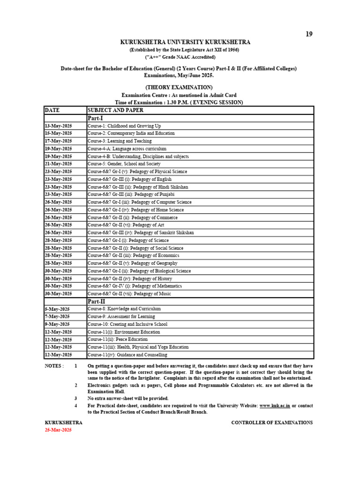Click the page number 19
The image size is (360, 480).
pos(309,34)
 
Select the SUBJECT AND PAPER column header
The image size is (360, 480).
pos(115,110)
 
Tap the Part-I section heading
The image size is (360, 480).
pos(95,118)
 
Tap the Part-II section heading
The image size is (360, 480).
pos(97,301)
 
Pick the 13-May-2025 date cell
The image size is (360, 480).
pos(58,126)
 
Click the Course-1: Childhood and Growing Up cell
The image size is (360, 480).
pos(124,126)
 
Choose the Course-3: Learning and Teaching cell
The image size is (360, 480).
pos(120,141)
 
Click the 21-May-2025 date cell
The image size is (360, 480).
pos(58,164)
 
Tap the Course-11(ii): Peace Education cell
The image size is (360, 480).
pos(118,339)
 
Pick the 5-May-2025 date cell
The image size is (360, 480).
pos(57,309)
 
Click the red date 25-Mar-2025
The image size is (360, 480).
pos(58,430)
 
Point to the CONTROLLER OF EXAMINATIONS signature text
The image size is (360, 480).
pos(272,422)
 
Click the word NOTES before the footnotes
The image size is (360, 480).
pos(54,366)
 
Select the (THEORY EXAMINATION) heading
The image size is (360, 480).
pos(179,87)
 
